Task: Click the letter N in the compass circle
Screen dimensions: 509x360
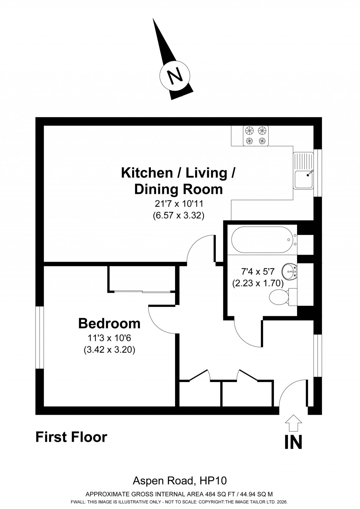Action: point(175,76)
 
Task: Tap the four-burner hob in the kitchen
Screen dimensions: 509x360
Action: point(256,136)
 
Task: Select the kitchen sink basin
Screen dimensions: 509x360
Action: point(303,179)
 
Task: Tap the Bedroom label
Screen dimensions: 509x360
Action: point(109,323)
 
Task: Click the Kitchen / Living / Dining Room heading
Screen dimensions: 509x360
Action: point(178,181)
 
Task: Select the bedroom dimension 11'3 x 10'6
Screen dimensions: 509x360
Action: point(109,338)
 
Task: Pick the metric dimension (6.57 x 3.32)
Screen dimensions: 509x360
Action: point(178,215)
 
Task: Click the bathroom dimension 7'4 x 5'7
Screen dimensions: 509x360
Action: point(258,272)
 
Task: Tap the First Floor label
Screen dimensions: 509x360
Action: point(71,437)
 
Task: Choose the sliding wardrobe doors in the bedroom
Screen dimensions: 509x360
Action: point(142,292)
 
